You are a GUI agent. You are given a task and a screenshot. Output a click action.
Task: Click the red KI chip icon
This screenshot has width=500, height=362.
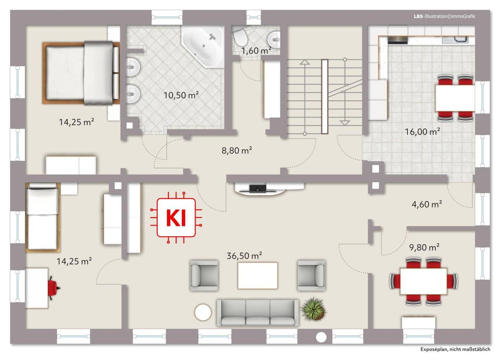(x=176, y=217)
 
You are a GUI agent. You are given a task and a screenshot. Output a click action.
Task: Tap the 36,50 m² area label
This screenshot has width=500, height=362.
(x=244, y=255)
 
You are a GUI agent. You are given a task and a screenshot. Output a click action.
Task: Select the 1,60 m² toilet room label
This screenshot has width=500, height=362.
(x=257, y=51)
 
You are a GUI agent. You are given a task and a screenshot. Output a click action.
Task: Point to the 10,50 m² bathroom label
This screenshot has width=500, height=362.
(x=181, y=95)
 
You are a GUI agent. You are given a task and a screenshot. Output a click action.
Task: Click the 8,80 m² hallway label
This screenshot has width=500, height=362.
(x=237, y=150)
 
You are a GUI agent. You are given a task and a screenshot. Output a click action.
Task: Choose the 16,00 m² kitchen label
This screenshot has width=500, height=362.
(x=422, y=132)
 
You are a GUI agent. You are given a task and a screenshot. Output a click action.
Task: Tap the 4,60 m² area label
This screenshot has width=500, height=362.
(x=427, y=204)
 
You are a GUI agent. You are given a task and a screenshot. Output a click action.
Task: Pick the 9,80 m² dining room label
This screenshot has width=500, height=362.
(x=424, y=247)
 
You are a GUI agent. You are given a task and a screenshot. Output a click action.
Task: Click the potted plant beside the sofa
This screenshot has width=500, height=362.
(x=313, y=309)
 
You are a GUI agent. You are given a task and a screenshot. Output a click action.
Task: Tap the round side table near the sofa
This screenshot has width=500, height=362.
(x=203, y=312)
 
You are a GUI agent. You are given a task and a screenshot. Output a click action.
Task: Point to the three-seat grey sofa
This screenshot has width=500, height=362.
(x=258, y=313)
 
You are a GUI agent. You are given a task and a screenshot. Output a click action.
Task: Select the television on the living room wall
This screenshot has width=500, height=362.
(x=258, y=189)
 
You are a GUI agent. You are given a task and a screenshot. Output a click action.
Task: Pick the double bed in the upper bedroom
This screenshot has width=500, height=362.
(x=81, y=73)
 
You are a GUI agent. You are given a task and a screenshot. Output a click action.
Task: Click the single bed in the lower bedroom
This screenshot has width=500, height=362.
(x=43, y=218)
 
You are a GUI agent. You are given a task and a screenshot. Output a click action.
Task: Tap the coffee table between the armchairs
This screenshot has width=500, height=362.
(x=258, y=276)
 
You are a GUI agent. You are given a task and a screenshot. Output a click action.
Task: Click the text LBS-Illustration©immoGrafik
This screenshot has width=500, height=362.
(x=444, y=16)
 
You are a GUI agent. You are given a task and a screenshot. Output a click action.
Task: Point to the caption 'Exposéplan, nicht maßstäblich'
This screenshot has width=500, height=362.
(x=455, y=349)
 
